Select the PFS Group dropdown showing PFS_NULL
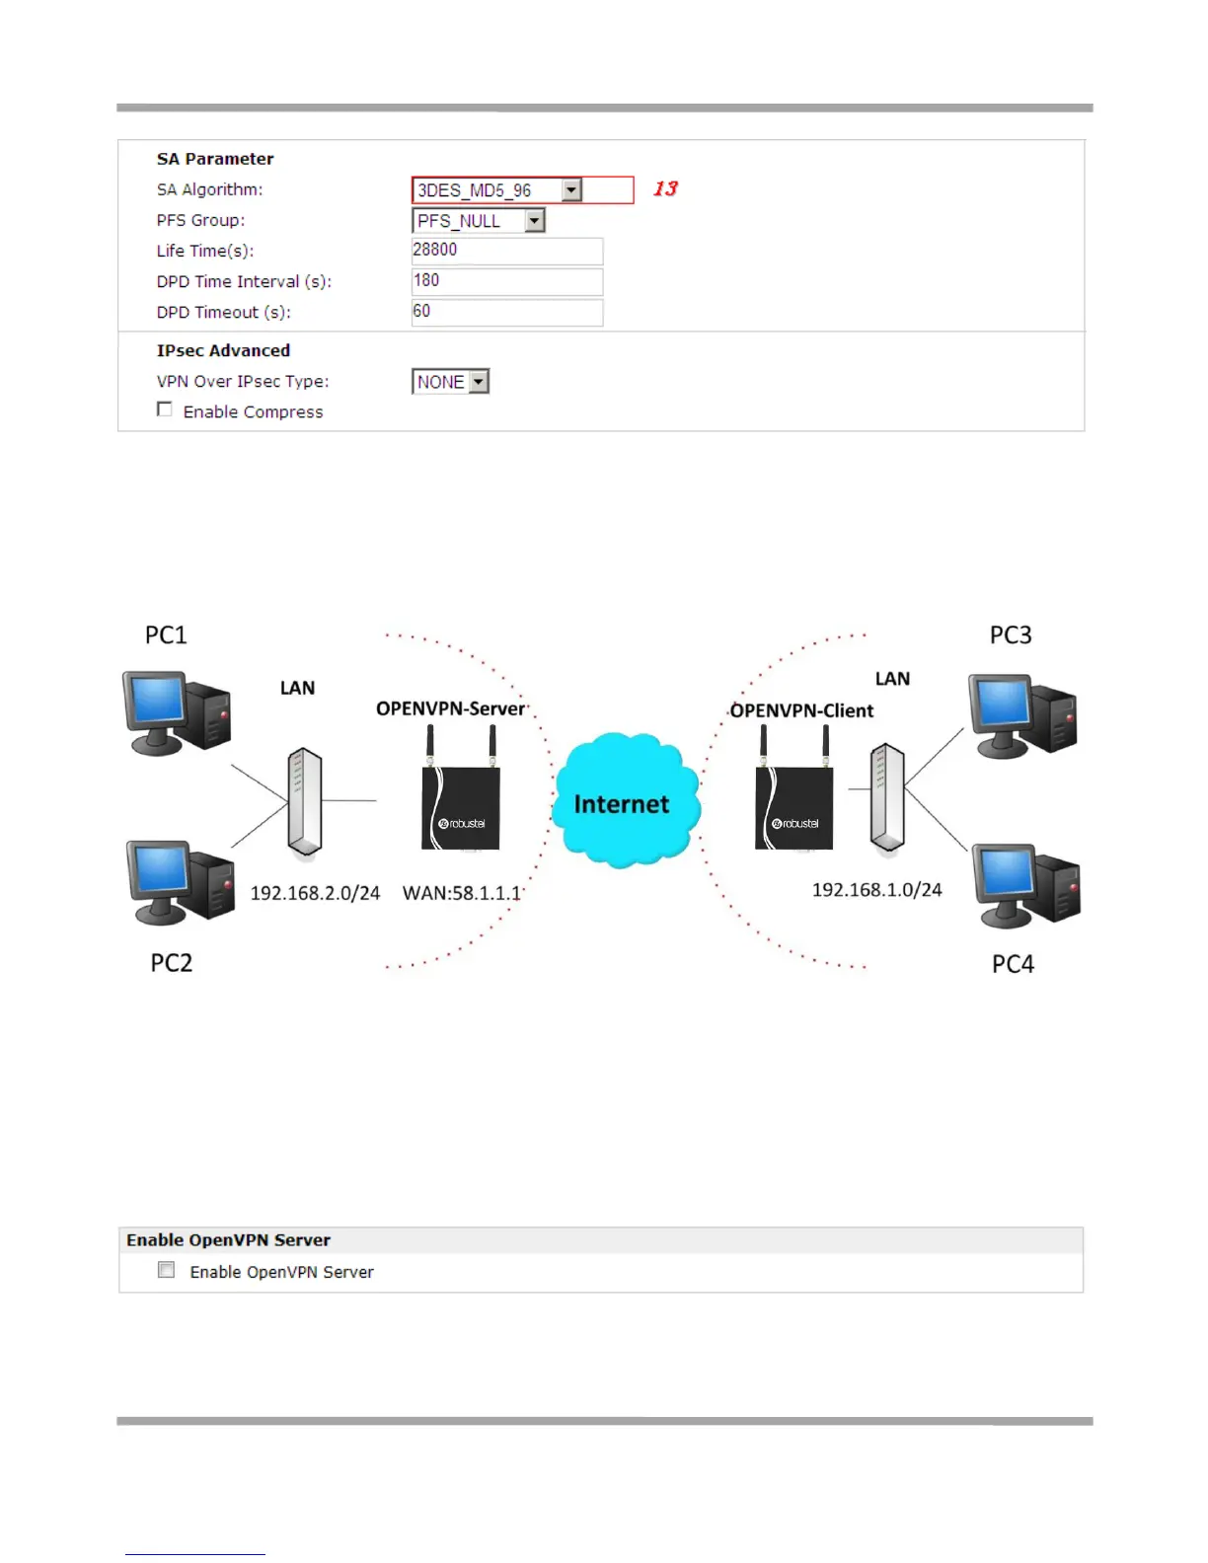pyautogui.click(x=479, y=221)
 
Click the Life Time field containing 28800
pyautogui.click(x=506, y=251)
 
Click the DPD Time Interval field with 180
pyautogui.click(x=506, y=281)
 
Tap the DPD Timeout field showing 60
pyautogui.click(x=506, y=312)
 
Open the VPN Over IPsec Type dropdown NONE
pyautogui.click(x=450, y=382)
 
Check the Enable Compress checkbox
pyautogui.click(x=165, y=409)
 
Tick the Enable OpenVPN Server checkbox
pyautogui.click(x=167, y=1271)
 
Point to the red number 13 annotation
pyautogui.click(x=666, y=188)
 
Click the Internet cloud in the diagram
pyautogui.click(x=624, y=801)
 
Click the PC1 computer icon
pyautogui.click(x=177, y=712)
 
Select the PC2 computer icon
pyautogui.click(x=180, y=881)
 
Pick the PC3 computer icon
pyautogui.click(x=1021, y=715)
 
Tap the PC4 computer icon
pyautogui.click(x=1025, y=884)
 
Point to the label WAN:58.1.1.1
pyautogui.click(x=462, y=893)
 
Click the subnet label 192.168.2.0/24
pyautogui.click(x=315, y=893)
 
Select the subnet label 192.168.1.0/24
pyautogui.click(x=876, y=890)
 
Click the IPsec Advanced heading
pyautogui.click(x=223, y=350)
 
